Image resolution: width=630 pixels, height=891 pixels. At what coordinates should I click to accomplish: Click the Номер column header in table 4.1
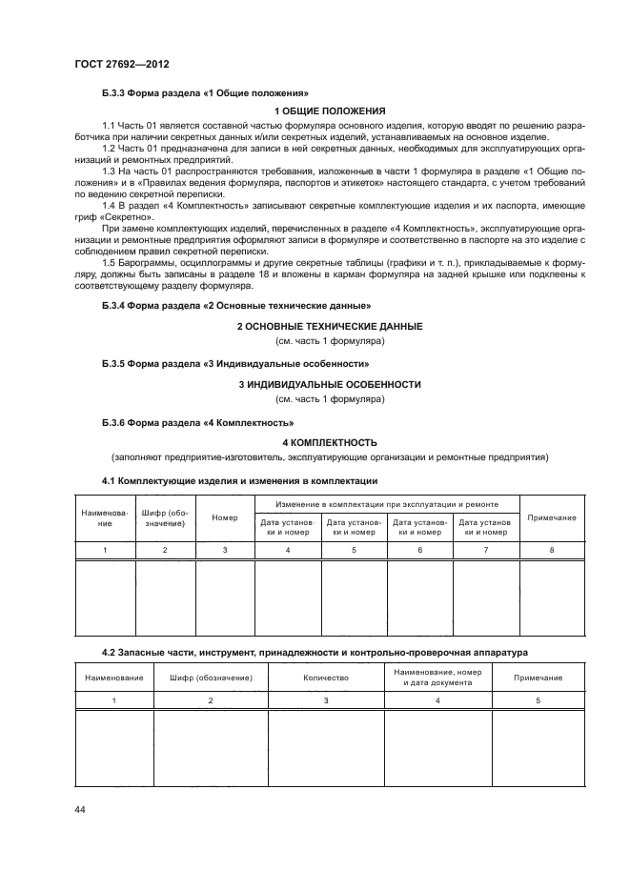click(x=225, y=516)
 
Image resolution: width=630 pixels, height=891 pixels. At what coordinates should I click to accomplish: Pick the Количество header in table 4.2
click(x=326, y=678)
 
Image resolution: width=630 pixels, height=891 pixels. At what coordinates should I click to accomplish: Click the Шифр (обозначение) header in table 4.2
click(x=210, y=678)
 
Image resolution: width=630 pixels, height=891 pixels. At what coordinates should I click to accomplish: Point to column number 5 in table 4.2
click(x=538, y=700)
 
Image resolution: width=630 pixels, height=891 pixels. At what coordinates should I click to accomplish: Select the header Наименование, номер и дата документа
click(x=437, y=678)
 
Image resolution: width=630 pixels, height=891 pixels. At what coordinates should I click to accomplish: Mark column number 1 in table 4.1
click(x=105, y=550)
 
